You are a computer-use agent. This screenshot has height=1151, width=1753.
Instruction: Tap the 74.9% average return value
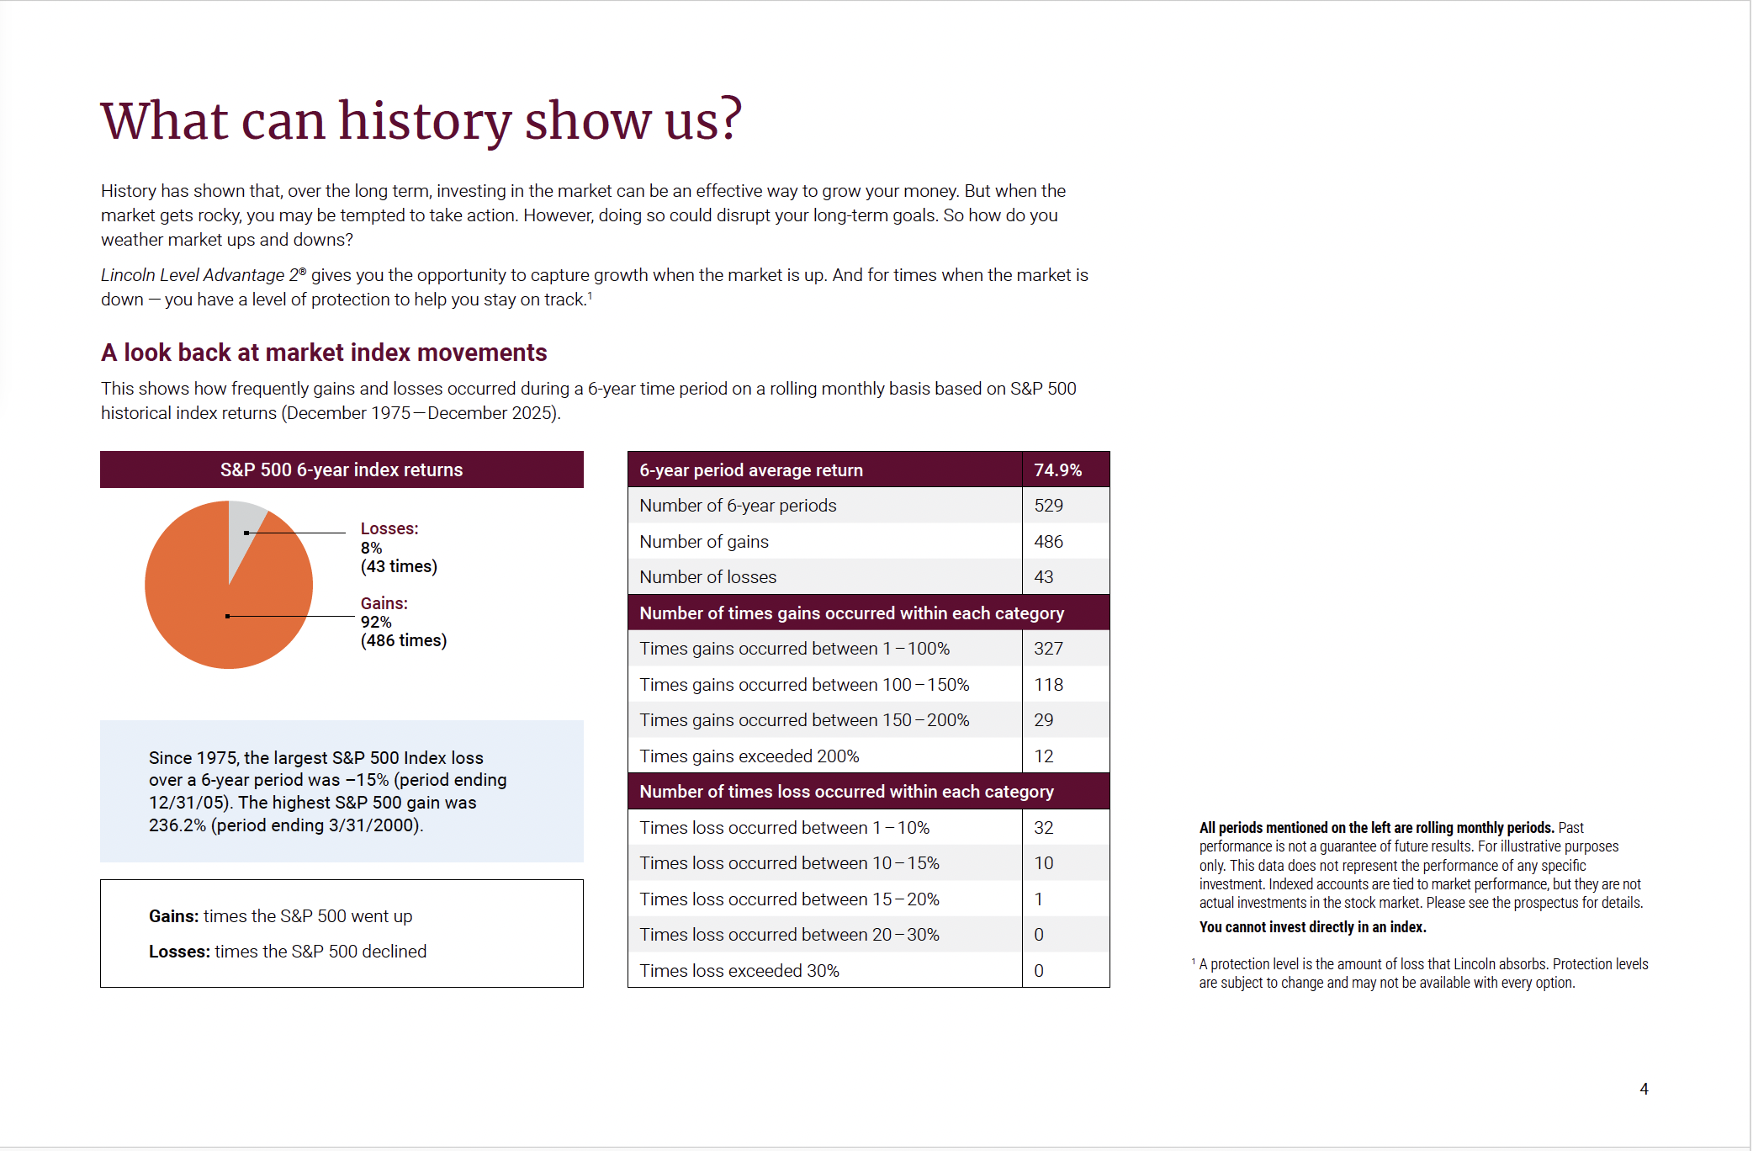pos(1057,470)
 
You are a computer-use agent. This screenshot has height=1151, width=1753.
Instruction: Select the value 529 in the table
pos(1048,506)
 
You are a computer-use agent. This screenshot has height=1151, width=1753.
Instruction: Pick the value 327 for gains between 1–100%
pos(1048,649)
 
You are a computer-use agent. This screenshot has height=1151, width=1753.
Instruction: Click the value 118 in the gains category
pos(1048,685)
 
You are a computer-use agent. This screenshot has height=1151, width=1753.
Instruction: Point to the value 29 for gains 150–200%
pos(1043,720)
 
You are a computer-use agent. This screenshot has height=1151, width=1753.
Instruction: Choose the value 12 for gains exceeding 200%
pos(1043,756)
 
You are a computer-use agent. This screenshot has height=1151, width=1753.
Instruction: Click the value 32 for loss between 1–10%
pos(1043,828)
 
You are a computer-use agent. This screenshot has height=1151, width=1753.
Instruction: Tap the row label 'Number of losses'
pos(707,577)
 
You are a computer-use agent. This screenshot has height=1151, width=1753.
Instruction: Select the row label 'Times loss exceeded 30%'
pos(739,971)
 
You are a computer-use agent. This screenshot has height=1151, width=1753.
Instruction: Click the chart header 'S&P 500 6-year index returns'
pos(342,470)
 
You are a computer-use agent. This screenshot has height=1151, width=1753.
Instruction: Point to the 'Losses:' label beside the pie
pos(389,528)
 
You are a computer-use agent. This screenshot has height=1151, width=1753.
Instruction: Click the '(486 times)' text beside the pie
pos(404,640)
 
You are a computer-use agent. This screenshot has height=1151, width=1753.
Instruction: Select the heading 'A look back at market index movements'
pos(324,353)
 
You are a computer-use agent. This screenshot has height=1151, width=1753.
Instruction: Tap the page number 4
pos(1644,1089)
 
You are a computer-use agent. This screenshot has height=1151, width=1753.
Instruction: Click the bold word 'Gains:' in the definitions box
pos(173,916)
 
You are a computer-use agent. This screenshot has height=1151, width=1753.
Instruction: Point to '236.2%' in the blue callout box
pos(177,825)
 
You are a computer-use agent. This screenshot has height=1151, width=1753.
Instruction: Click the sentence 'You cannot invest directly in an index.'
pos(1312,927)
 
